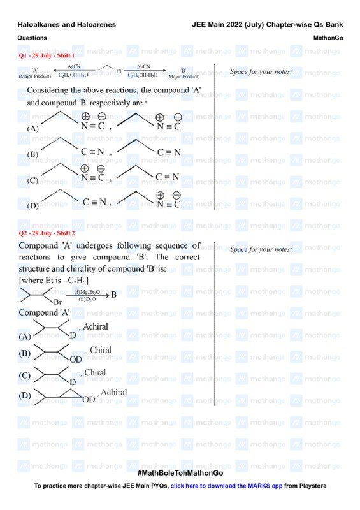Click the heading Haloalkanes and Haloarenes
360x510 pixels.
[x=67, y=25]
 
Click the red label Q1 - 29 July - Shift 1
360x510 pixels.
[x=47, y=56]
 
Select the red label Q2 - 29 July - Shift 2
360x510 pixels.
[x=47, y=233]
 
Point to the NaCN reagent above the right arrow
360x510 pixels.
[x=143, y=66]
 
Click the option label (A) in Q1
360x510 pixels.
[x=33, y=128]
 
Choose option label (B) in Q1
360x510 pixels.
[x=33, y=155]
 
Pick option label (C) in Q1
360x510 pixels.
[x=33, y=180]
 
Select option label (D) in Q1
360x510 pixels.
[x=33, y=206]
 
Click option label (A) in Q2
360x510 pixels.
[x=25, y=336]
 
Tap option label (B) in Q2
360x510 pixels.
[x=25, y=353]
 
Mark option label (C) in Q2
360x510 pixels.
[x=25, y=376]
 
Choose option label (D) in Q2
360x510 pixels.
[x=25, y=396]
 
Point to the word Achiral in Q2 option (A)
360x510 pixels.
[x=94, y=327]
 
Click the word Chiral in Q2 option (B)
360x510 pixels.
[x=101, y=350]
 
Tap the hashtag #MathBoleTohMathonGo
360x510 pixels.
[x=180, y=474]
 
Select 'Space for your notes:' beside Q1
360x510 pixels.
[x=261, y=72]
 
